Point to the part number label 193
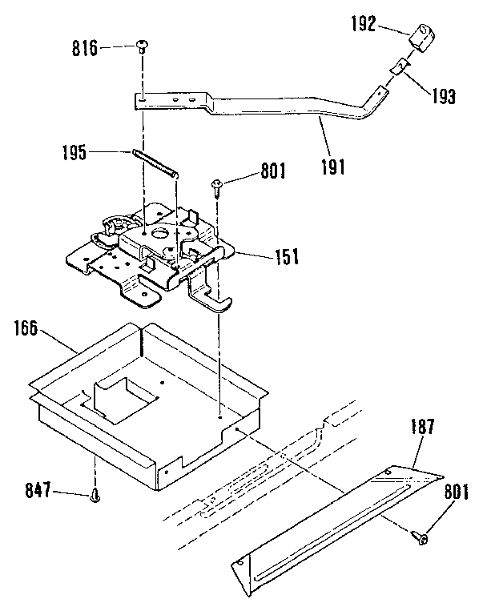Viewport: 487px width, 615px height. point(441,98)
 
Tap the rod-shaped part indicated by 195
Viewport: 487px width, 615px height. point(155,163)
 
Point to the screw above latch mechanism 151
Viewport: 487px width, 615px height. point(217,187)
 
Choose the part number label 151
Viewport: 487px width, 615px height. point(285,256)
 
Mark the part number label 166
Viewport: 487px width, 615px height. point(28,328)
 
